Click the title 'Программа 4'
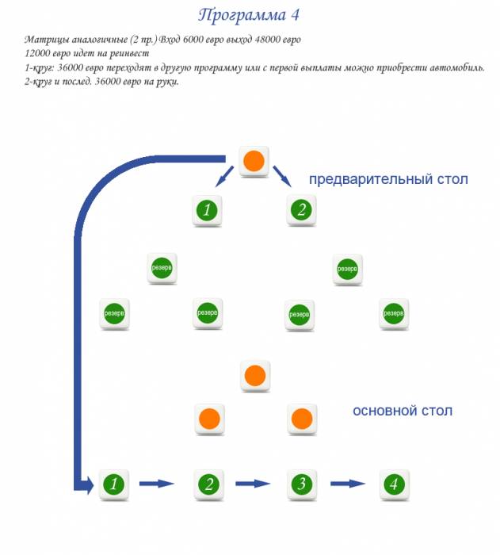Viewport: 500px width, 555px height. point(249,15)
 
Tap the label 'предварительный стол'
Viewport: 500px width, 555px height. point(388,179)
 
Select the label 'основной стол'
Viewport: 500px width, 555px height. point(403,411)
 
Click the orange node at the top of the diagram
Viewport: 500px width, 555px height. point(254,161)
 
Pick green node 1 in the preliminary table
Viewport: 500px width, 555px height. point(207,210)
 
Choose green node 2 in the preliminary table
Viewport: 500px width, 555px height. point(300,210)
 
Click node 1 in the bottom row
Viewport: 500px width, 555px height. point(114,483)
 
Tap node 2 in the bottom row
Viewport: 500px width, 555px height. point(208,483)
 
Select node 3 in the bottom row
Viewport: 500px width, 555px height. point(300,483)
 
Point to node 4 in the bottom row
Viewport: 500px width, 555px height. point(394,483)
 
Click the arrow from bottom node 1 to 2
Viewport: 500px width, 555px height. point(157,483)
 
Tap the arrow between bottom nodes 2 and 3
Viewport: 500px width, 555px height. point(253,483)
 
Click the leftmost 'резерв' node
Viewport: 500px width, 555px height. point(114,314)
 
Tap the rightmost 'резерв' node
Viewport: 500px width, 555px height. point(394,314)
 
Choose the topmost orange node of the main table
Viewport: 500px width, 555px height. point(254,375)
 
